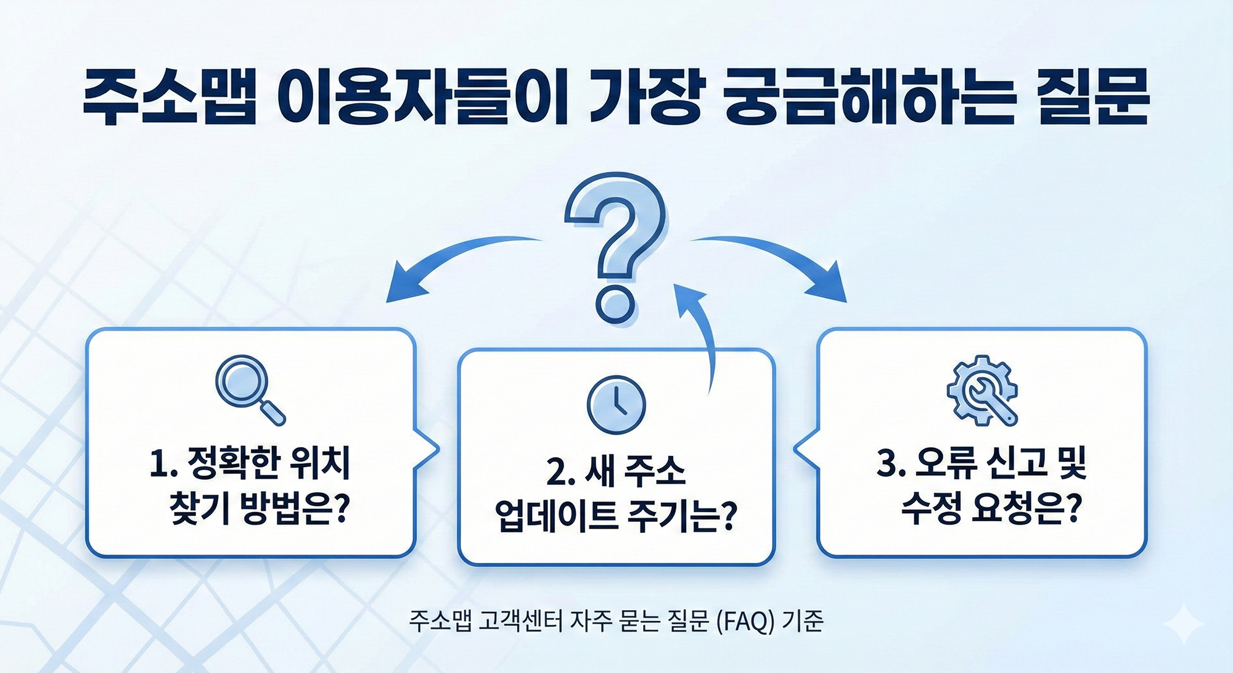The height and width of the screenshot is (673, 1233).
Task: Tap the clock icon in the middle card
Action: pos(616,405)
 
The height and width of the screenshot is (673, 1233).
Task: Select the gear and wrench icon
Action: pos(983,390)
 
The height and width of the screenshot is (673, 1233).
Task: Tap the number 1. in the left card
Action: pos(163,464)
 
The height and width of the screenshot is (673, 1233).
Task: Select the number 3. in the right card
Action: pos(890,464)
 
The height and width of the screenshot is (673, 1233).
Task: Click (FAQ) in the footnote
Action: pos(745,621)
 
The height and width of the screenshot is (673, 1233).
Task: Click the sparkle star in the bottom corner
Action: pos(1183,625)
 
